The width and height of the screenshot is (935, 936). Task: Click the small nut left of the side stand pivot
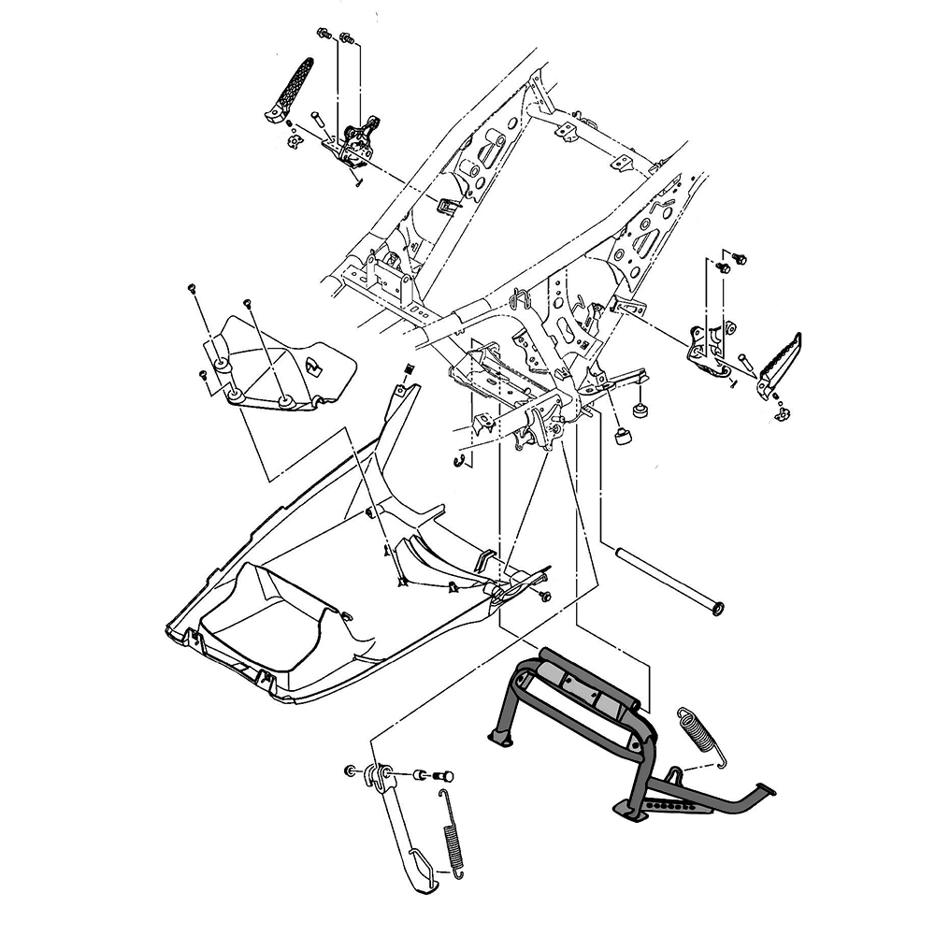coord(350,770)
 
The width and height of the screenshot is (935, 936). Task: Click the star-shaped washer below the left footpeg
coord(292,142)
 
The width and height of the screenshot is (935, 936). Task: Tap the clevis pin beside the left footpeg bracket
coord(315,120)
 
